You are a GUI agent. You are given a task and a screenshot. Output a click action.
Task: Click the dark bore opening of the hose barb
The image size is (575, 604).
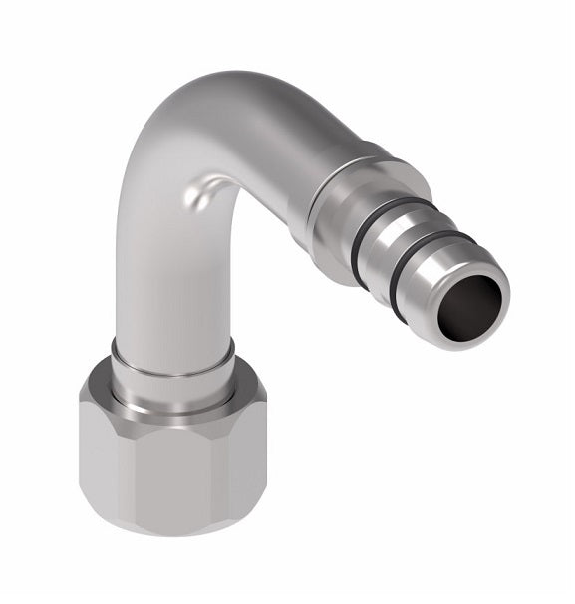click(x=475, y=299)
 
